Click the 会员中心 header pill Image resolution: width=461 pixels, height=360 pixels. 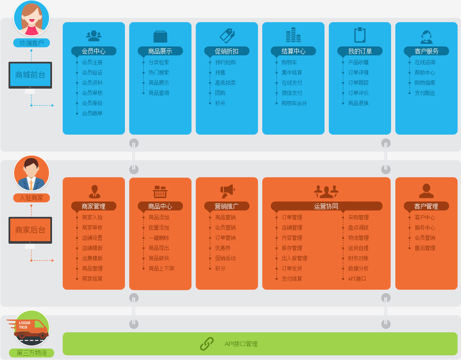click(94, 51)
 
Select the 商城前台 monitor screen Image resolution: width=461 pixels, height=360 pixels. click(30, 75)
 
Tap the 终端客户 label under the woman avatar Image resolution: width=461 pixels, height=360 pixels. click(32, 43)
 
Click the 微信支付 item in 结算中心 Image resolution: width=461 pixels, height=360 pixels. click(292, 93)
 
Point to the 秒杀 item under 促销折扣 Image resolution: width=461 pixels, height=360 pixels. click(220, 103)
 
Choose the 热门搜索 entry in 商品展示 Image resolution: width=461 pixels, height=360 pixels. click(159, 72)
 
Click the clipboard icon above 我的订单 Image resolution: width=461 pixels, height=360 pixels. click(360, 35)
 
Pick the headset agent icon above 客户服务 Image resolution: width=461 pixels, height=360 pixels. click(426, 37)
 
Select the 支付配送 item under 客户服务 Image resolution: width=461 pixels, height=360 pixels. click(425, 93)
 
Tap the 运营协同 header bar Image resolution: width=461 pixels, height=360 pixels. click(326, 206)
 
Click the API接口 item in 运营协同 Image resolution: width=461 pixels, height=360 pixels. click(357, 279)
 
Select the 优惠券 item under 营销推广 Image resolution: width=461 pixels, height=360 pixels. click(223, 248)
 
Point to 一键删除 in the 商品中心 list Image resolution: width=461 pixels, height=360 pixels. click(159, 238)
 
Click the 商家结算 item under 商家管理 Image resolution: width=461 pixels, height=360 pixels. click(92, 279)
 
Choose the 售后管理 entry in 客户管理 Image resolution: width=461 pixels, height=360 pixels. click(425, 248)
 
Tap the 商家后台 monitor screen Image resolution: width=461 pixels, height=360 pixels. click(30, 230)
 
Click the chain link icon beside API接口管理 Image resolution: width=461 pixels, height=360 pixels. click(207, 344)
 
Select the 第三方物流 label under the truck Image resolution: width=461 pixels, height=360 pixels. click(32, 353)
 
